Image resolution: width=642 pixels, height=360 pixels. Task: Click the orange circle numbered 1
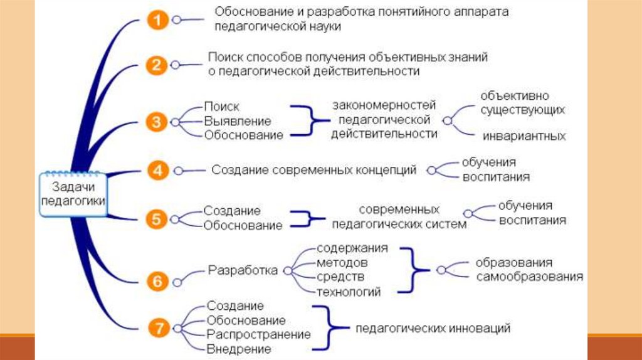[157, 21]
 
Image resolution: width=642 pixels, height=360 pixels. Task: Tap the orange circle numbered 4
[157, 170]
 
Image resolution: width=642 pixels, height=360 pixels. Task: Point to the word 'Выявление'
[237, 121]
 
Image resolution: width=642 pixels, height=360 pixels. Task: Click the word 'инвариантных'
[524, 136]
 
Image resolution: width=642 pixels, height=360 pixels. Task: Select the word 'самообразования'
[529, 276]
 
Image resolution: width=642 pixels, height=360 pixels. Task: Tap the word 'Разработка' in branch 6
[242, 271]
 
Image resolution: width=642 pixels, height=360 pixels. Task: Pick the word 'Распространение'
[258, 334]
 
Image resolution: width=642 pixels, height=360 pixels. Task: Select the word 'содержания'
[352, 248]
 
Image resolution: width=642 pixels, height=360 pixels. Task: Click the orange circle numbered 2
[157, 65]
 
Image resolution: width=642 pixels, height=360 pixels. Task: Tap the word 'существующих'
[523, 110]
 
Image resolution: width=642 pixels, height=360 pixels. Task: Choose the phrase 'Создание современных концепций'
[313, 170]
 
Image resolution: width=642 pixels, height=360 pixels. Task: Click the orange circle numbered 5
[157, 218]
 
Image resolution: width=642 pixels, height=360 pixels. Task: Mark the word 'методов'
[342, 262]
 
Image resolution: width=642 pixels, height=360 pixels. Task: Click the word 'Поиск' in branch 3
[221, 107]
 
